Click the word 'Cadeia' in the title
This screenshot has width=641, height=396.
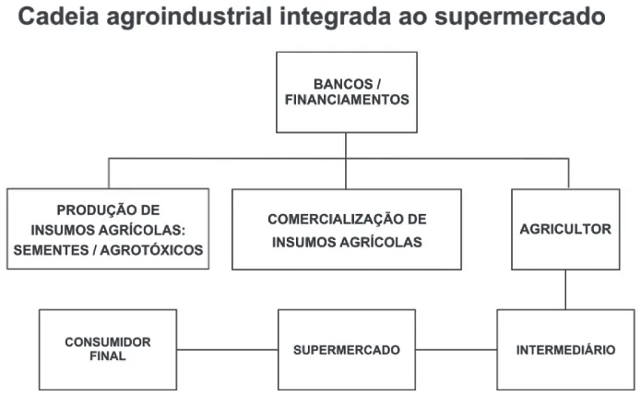[x=59, y=17]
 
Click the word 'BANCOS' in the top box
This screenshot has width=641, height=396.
[x=343, y=84]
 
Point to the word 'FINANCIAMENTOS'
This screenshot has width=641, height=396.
[x=347, y=100]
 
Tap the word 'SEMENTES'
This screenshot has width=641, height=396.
[x=51, y=250]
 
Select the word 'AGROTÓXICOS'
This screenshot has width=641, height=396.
[x=151, y=250]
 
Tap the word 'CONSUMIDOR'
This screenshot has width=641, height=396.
[x=108, y=342]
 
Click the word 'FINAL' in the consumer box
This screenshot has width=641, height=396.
[x=108, y=356]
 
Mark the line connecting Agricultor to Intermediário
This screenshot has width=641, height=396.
[x=565, y=290]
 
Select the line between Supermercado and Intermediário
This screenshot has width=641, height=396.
[x=457, y=350]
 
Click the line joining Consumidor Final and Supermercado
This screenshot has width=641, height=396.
[x=227, y=350]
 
